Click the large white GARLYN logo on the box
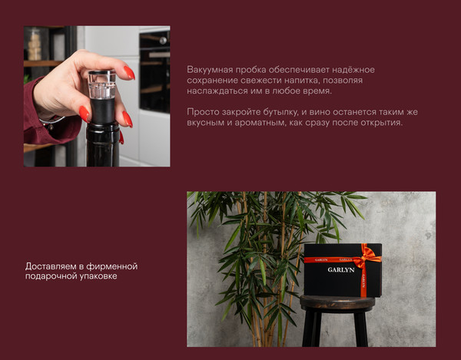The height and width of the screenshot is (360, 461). click(341, 270)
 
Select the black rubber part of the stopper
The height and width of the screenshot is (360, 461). click(104, 110)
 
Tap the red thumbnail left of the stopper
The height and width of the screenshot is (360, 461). click(84, 112)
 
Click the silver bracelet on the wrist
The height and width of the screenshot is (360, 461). click(51, 120)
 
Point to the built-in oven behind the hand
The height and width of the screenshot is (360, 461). click(154, 73)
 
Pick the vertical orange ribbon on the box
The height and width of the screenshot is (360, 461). click(363, 280)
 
